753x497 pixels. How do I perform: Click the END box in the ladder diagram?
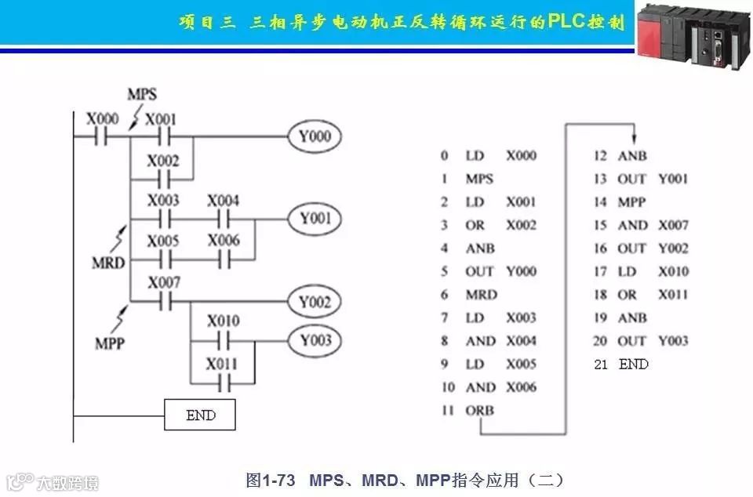200,415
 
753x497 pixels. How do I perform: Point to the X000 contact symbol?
103,136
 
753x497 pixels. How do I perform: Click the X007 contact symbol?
164,301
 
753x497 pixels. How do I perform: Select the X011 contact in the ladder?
224,383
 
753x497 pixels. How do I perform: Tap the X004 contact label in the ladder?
224,201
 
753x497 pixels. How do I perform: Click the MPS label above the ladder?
142,94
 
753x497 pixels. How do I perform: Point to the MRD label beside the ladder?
108,262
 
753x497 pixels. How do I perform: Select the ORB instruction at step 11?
479,410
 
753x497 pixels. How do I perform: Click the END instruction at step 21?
634,364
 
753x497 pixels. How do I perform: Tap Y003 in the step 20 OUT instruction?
673,340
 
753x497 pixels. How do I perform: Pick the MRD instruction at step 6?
481,294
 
